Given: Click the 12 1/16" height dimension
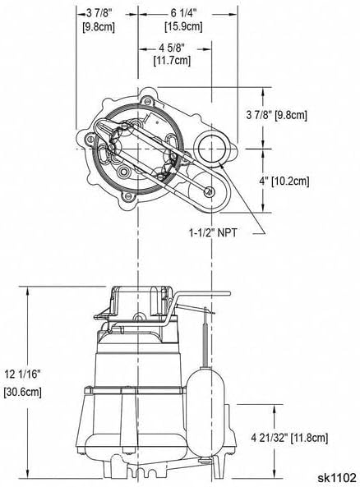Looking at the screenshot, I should (22, 374).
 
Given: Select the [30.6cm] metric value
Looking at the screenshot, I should (22, 393).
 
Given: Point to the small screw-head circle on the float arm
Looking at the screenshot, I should (210, 191).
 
